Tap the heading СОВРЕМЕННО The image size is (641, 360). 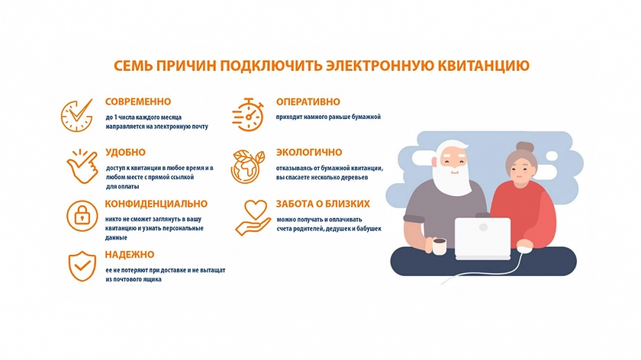(x=138, y=101)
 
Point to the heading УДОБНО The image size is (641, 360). (x=125, y=153)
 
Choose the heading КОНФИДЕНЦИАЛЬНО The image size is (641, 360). (x=156, y=204)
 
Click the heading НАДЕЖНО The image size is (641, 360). (x=130, y=254)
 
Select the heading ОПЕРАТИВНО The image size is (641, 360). (x=308, y=101)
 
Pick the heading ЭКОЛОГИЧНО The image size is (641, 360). (x=309, y=153)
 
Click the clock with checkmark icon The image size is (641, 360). (x=77, y=115)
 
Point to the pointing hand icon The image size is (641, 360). (x=82, y=167)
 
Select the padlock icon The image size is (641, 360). (x=82, y=216)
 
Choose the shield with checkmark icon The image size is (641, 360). (x=82, y=266)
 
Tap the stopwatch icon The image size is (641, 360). (x=248, y=115)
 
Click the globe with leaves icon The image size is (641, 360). (x=247, y=166)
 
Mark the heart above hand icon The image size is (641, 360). (x=253, y=217)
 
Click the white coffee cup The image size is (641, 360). (x=438, y=246)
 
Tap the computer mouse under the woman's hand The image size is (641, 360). (x=525, y=247)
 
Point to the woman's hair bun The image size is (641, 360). (x=524, y=147)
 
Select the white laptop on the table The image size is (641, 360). (x=483, y=239)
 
